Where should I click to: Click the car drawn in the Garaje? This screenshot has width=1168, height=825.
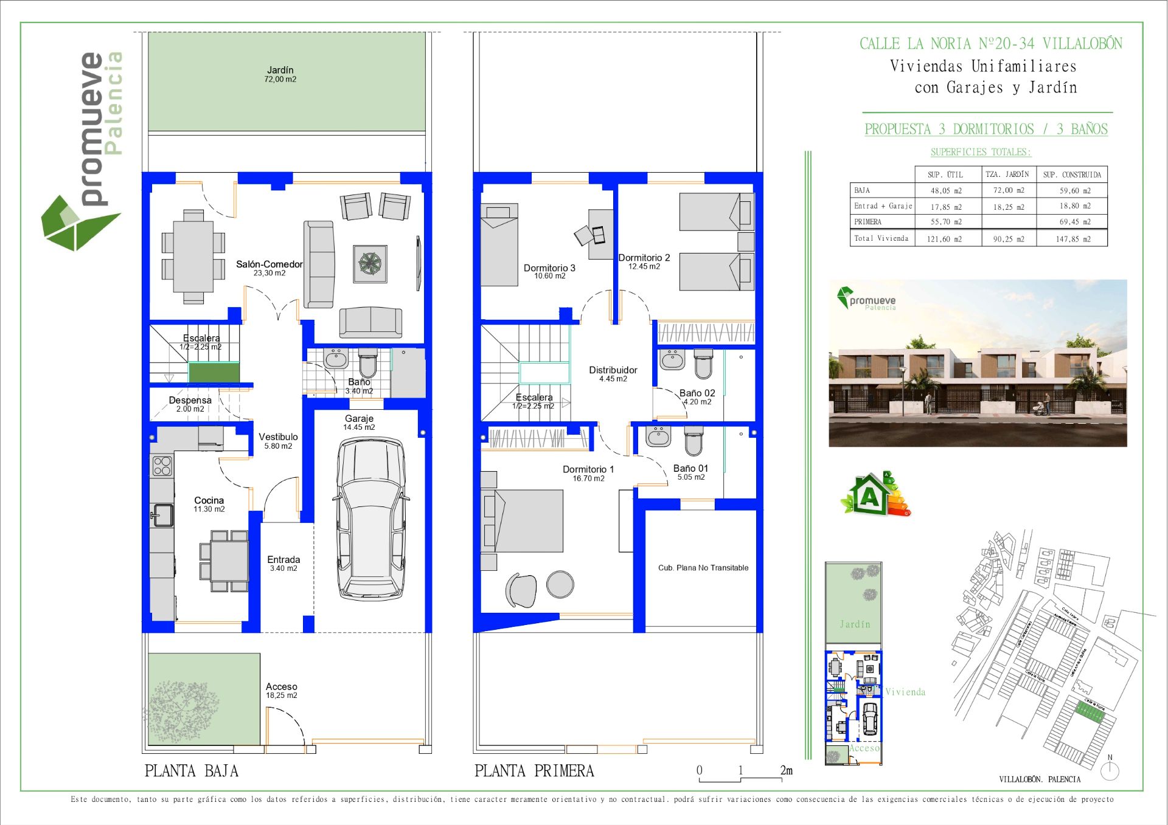point(370,520)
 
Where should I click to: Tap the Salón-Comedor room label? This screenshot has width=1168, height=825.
point(269,265)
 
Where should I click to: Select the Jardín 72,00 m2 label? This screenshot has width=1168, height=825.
point(280,74)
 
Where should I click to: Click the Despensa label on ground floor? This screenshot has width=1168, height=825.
point(190,401)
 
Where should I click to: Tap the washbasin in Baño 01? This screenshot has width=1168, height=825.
point(658,436)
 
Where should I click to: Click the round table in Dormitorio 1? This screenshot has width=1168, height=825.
point(560,584)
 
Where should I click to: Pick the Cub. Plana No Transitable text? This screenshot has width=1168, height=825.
point(703,568)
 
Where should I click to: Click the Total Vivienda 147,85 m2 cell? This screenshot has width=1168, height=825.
point(1072,239)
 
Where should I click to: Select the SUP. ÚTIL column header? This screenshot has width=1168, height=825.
point(945,174)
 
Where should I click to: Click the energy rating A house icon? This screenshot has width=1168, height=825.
point(870,495)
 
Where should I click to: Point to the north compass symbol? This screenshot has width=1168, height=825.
point(1110,770)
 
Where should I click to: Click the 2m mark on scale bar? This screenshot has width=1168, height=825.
point(786,771)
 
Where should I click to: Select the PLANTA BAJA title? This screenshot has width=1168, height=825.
point(191,771)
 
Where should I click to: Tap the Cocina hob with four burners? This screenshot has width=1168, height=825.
point(162,466)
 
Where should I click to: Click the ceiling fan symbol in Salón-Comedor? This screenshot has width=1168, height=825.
point(370,264)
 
